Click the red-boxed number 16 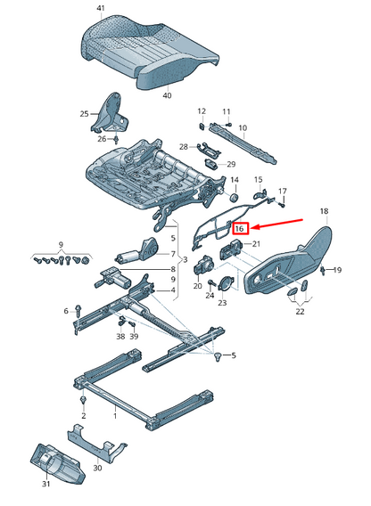[239, 228]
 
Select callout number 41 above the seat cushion [101, 8]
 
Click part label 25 [85, 114]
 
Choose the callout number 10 [242, 128]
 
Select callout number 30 [97, 468]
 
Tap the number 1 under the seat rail [114, 416]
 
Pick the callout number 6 [65, 310]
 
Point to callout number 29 [231, 165]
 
